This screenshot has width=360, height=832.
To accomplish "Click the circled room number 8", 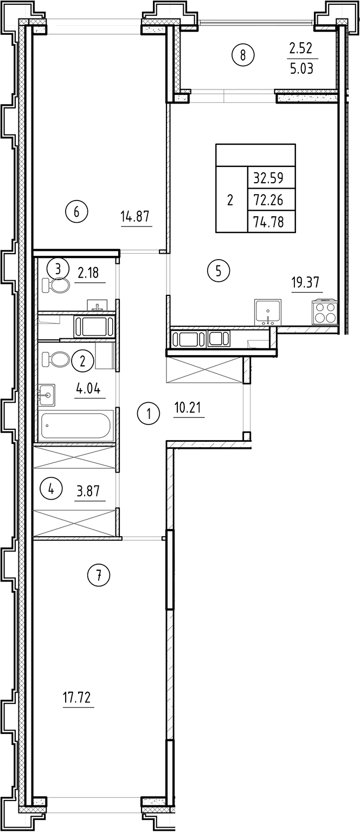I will tap(243, 54).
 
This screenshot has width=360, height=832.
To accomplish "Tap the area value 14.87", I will tap(135, 217).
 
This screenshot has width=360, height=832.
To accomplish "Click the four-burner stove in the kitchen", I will tap(323, 313).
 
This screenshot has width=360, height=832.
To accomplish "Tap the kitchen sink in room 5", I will tap(267, 312).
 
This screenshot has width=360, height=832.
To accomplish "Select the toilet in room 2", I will tap(56, 359).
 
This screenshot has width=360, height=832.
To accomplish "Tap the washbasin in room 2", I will tap(47, 395).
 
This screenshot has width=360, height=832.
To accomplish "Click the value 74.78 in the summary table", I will tap(272, 222).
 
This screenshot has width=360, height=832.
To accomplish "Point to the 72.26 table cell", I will tap(272, 200).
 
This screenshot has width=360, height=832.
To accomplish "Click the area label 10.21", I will tap(189, 408).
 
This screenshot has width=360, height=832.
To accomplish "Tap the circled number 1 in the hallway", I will tap(149, 415).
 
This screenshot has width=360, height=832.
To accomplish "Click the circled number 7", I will tap(99, 575).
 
